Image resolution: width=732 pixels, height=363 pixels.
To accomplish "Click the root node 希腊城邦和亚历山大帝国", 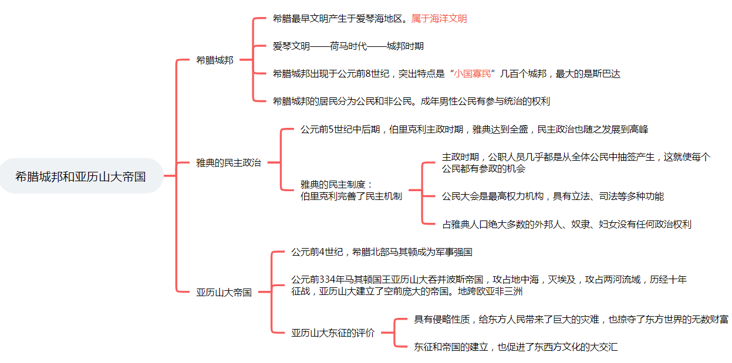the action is point(80,176).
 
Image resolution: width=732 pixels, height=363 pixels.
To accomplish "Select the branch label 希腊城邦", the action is point(214,60).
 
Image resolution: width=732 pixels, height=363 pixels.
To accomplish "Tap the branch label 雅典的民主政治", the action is point(228,162).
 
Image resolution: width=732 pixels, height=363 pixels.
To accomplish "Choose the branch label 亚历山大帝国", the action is point(224,292).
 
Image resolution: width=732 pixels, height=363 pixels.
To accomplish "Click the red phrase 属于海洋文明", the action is point(439,19).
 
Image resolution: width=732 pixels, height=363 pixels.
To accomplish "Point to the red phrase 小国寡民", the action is point(473,74).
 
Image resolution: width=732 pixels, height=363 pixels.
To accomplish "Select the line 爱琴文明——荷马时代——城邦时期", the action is point(348,46).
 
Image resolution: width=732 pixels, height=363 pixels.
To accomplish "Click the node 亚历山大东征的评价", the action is point(332,333).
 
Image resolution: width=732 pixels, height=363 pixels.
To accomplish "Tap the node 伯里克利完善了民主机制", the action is point(351,196).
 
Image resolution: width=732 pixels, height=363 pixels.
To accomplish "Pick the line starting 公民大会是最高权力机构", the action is point(552,196).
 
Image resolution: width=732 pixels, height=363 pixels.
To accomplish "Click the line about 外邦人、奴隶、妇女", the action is point(566,224).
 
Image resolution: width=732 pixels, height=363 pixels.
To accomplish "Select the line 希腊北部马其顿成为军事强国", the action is point(382,252).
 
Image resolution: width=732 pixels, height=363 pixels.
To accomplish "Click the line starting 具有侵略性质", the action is point(571,320).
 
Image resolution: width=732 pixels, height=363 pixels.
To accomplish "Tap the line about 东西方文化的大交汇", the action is point(515,347).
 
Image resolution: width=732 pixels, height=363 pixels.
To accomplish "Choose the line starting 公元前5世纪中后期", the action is point(474,129).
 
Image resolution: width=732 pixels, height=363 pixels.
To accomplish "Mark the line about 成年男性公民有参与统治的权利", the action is point(411,101).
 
